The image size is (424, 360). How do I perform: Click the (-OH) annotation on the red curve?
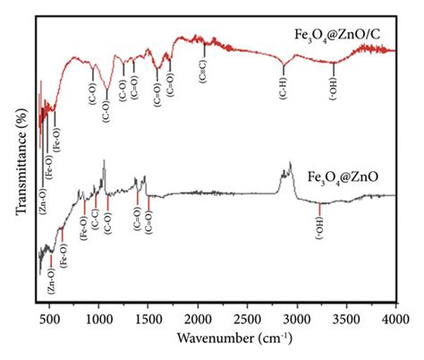pos(334,88)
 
